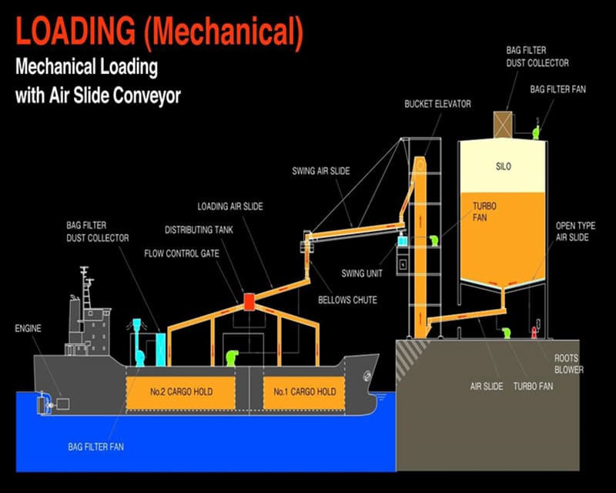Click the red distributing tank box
[x=249, y=300]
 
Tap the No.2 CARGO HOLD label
[x=180, y=392]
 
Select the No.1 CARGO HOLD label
[x=304, y=392]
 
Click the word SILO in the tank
[x=503, y=166]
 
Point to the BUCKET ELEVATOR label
[x=437, y=103]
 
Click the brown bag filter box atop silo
[x=503, y=125]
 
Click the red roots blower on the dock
[x=533, y=333]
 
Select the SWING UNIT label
[x=362, y=273]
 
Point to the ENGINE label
[x=28, y=329]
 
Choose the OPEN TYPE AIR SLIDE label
[x=575, y=233]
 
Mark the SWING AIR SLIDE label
[x=321, y=170]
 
